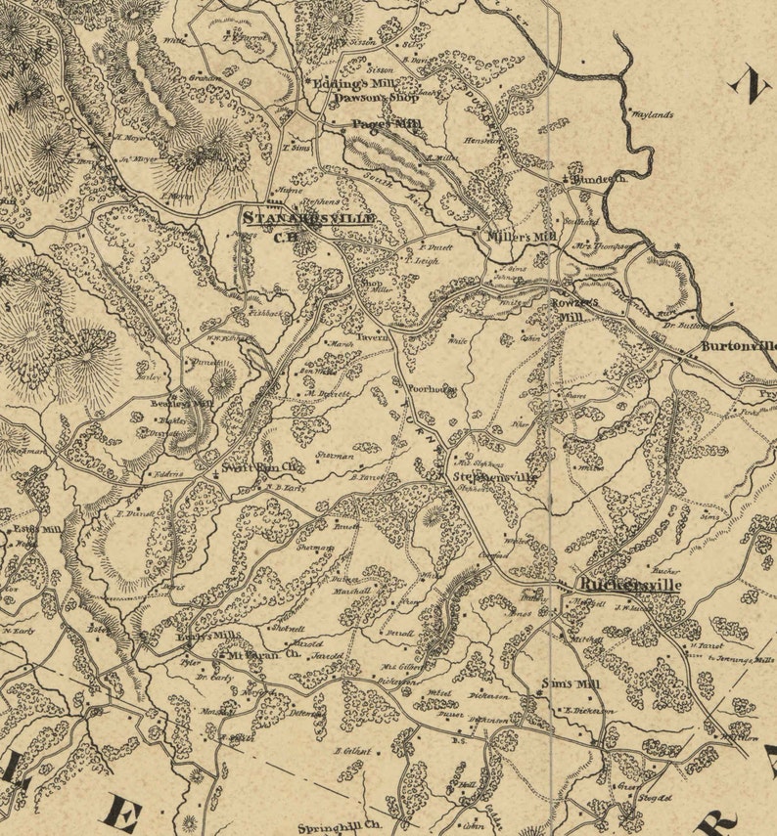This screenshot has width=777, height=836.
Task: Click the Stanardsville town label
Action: [307, 218]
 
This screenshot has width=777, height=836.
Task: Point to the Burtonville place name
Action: [739, 346]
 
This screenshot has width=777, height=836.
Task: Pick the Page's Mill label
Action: [387, 125]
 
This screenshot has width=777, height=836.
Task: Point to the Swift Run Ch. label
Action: [260, 468]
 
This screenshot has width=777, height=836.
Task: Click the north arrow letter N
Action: [750, 85]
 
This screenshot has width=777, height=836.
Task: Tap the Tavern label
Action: [378, 336]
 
